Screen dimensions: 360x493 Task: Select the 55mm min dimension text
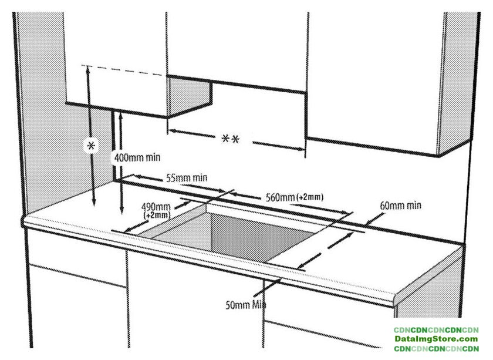tap(187, 177)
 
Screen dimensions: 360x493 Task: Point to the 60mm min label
tap(400, 206)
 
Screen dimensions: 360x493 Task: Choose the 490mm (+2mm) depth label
tap(156, 210)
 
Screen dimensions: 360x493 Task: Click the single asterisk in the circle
tap(90, 146)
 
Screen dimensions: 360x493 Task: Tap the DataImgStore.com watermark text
tap(435, 339)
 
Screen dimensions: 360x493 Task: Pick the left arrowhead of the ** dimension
tap(171, 131)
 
